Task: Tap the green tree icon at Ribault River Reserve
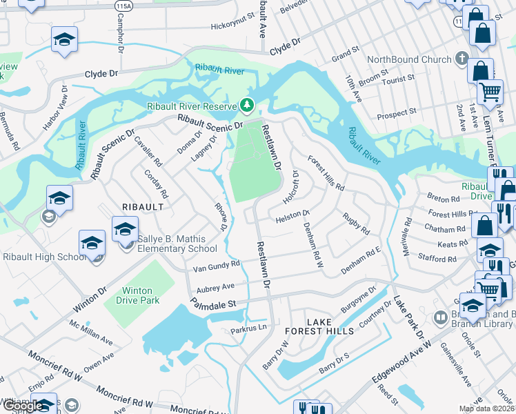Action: (246, 106)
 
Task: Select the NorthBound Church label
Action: (408, 59)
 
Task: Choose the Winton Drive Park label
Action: (141, 295)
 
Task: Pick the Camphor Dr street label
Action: (121, 39)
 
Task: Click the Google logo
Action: (23, 406)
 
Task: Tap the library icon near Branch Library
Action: (440, 318)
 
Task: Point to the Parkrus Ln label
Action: (248, 329)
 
